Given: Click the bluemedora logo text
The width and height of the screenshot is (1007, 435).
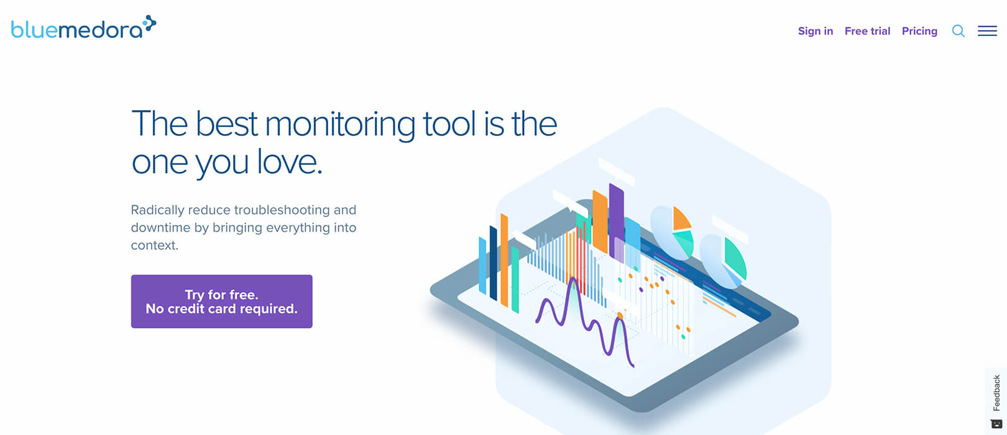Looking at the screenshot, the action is [76, 30].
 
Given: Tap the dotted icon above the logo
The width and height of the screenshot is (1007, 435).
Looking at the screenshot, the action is [149, 24].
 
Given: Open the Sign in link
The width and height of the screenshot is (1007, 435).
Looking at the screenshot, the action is [816, 31].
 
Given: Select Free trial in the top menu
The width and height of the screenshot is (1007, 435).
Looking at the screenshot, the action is [867, 31].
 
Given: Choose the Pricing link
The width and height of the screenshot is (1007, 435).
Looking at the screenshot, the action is [919, 31].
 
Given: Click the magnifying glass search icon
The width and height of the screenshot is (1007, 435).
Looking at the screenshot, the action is [958, 31].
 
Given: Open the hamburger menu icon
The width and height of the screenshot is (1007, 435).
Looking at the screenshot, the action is [987, 30].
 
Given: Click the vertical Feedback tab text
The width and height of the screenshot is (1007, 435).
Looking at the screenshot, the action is [996, 393].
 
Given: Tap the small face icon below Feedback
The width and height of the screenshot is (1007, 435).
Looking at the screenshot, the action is [996, 423].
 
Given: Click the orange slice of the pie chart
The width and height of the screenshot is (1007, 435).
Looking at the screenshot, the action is [681, 219].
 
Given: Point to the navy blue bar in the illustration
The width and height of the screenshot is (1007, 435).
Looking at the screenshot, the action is [493, 263].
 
